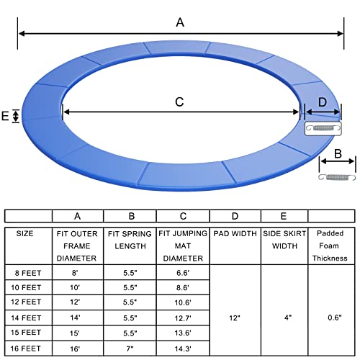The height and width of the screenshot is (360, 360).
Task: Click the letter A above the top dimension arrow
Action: click(x=180, y=22)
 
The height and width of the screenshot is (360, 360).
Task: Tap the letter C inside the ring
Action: click(x=179, y=102)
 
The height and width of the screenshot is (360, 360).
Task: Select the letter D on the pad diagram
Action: click(x=323, y=102)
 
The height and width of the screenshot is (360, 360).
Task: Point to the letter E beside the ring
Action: click(x=5, y=116)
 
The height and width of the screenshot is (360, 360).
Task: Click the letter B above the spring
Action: click(x=338, y=154)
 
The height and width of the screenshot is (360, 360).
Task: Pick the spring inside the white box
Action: click(x=323, y=128)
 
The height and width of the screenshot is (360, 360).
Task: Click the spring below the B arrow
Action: click(x=337, y=177)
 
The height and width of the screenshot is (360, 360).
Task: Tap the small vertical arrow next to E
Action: click(x=16, y=116)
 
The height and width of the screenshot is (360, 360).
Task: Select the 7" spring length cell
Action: click(x=130, y=348)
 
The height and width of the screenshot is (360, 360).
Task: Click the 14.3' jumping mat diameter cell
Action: click(x=183, y=348)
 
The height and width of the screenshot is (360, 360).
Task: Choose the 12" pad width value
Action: click(x=235, y=318)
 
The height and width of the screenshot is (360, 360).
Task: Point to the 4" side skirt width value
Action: click(x=288, y=318)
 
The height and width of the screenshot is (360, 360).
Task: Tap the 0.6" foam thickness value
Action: click(x=335, y=318)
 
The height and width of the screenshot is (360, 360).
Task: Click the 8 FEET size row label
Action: click(x=28, y=273)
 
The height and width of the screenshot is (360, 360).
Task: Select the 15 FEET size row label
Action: click(x=26, y=333)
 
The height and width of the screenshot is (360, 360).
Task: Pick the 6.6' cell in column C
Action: click(x=183, y=273)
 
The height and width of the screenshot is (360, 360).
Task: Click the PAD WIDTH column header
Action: click(x=235, y=233)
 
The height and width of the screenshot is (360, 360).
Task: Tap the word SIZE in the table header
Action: click(x=24, y=233)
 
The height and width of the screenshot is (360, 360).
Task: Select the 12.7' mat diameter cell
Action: click(x=183, y=318)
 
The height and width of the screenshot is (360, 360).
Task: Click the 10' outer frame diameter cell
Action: click(x=75, y=287)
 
